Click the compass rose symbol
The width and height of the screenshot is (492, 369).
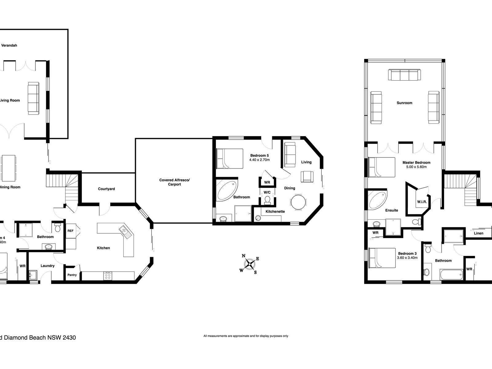(x=250, y=264)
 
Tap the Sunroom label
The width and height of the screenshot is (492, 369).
(x=404, y=103)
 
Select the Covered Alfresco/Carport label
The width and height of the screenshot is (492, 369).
(x=174, y=182)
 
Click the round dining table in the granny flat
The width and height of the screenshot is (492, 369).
(x=298, y=202)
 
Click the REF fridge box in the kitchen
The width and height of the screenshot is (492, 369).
(x=70, y=231)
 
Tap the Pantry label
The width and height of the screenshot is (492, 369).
(x=72, y=275)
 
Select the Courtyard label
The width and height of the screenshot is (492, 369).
(x=106, y=189)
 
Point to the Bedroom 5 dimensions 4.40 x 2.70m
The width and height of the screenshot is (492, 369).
(x=260, y=160)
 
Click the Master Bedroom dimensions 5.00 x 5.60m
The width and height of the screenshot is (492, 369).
(x=416, y=167)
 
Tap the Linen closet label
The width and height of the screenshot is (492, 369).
(x=478, y=233)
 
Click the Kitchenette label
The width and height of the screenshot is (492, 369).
(x=275, y=212)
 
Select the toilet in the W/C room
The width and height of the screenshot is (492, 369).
(x=267, y=200)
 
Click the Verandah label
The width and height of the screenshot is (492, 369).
(x=9, y=46)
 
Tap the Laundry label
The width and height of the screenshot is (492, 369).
(x=48, y=266)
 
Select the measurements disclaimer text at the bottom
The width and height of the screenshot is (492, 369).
(x=246, y=336)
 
